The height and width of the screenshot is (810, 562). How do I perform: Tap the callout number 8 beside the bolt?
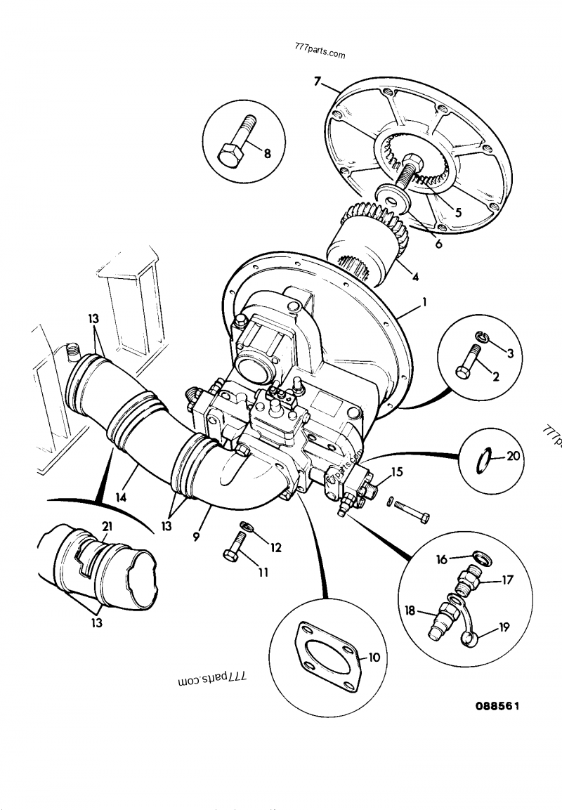pos(267,155)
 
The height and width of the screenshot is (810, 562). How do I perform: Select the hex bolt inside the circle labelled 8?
pos(234,145)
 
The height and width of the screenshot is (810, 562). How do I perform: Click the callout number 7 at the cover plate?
pos(318,83)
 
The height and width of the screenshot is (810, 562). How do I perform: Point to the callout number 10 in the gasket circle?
pos(374,658)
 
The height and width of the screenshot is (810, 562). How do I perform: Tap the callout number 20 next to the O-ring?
pos(514,457)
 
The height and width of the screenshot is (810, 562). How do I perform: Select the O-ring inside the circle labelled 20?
pos(483,462)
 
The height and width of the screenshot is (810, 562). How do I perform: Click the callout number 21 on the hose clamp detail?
pos(107,528)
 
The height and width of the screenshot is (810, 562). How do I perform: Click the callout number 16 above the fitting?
pos(442,559)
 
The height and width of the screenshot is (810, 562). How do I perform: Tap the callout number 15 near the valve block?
pos(397,472)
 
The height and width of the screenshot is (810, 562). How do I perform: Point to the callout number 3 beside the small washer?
pos(511,353)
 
